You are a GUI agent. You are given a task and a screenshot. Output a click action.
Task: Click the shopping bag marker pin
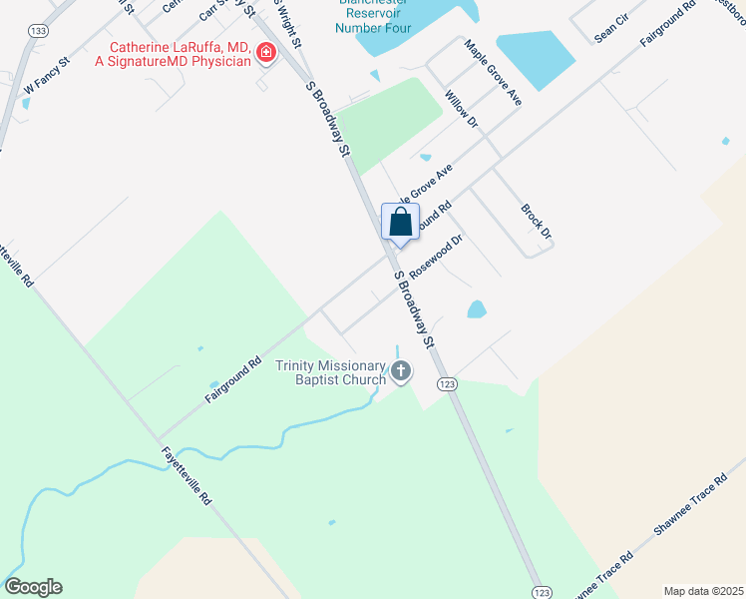point(400,223)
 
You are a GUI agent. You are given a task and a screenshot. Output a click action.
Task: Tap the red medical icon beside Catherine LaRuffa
point(266,53)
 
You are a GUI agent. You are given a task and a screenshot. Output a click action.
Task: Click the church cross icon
point(401,373)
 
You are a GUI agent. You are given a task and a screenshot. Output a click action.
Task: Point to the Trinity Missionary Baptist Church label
point(331,372)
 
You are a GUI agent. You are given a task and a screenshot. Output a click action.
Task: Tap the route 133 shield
point(39,32)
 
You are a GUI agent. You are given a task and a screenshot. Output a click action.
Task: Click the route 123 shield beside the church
point(447,384)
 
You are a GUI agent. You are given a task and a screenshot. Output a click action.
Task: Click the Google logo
point(33,587)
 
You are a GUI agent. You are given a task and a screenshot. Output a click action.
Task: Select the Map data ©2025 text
point(703,591)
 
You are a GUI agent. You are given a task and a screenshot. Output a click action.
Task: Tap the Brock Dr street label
point(536,222)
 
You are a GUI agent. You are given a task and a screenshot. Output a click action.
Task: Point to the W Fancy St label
point(46,76)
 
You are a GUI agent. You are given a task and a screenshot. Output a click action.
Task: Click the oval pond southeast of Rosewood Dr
point(477,309)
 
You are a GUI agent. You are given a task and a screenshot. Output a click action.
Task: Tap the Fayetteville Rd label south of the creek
point(186,473)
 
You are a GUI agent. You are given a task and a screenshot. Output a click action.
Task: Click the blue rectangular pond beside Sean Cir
point(535,58)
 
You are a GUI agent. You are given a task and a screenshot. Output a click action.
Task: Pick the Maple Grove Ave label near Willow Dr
point(493,73)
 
